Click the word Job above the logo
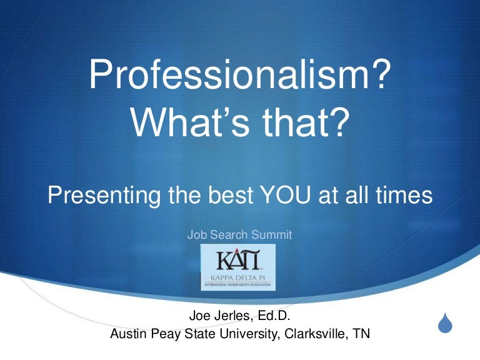(x=196, y=235)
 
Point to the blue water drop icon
(x=444, y=324)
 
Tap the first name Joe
(x=199, y=316)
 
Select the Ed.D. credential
(x=275, y=316)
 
